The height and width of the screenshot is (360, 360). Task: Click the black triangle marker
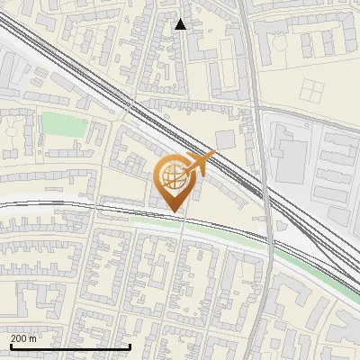tap(181, 24)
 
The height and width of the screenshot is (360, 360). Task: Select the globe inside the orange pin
tap(176, 178)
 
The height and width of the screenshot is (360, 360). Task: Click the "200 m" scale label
tap(23, 338)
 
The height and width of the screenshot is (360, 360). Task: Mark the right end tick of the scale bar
tap(130, 346)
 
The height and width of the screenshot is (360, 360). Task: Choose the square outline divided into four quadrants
tap(311, 90)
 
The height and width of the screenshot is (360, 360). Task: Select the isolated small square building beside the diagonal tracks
tap(224, 139)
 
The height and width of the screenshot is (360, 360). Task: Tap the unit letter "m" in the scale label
tap(33, 338)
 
